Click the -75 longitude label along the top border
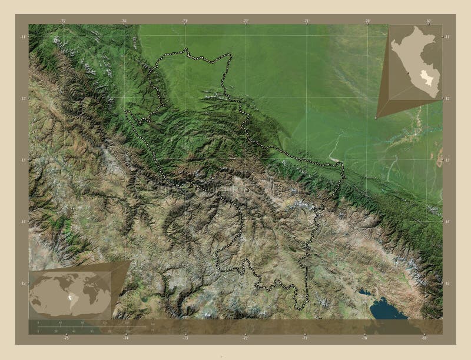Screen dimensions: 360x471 tap(62, 21)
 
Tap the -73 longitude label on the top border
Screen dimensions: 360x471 tap(185, 21)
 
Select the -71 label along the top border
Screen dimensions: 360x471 tap(307, 21)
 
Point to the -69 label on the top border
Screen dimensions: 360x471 tap(428, 21)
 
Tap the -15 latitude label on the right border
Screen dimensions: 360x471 tap(447, 283)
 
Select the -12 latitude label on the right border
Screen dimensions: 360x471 tap(447, 98)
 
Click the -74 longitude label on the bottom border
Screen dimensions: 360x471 tap(125, 338)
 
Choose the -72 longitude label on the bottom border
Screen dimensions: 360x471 tap(246, 338)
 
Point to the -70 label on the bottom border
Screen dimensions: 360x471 tap(365, 338)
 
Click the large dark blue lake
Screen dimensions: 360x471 tap(386, 307)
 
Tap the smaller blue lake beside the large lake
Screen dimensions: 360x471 tap(365, 292)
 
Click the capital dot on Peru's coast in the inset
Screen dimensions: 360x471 tap(407, 74)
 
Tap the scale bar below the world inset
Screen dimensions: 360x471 tap(88, 325)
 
